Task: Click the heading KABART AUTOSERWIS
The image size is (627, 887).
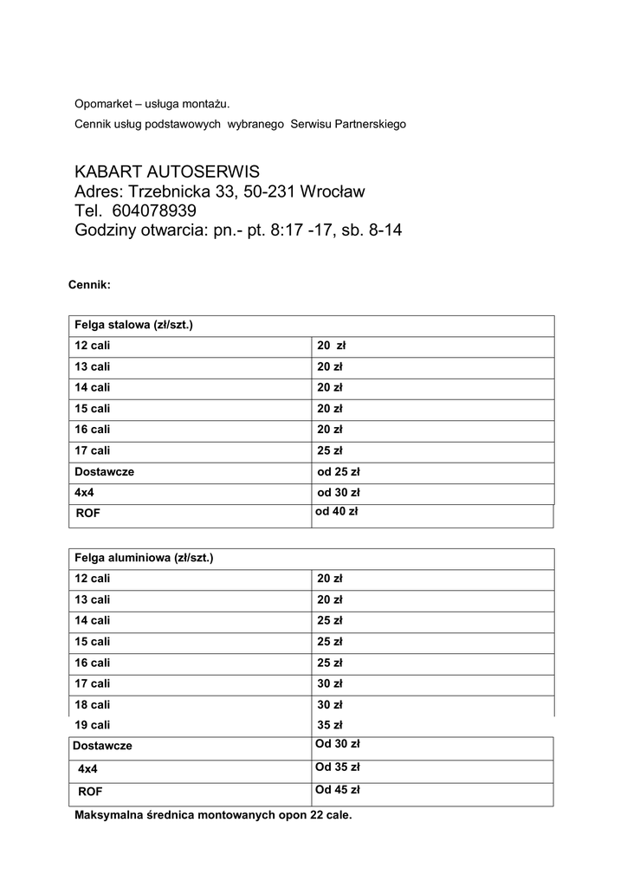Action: point(167,171)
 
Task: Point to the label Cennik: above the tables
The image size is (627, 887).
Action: point(89,284)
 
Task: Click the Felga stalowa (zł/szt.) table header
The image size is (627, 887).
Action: point(133,325)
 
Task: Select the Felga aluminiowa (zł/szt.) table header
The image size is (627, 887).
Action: point(144,558)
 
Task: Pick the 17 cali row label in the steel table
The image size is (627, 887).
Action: point(93,450)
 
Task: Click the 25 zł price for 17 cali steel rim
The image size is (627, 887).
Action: point(330,450)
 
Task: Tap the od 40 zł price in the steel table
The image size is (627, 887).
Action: point(336,512)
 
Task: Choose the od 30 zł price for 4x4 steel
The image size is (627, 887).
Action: point(338,493)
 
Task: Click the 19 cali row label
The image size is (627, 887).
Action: point(93,725)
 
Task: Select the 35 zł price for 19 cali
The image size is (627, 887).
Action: point(330,725)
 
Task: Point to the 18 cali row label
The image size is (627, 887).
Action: point(93,704)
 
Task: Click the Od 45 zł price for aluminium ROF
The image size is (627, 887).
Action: point(337,790)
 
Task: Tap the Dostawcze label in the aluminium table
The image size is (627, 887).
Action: point(102,746)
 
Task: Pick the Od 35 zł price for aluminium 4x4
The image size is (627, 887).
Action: point(337,767)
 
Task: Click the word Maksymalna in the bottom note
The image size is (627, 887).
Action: point(108,815)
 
